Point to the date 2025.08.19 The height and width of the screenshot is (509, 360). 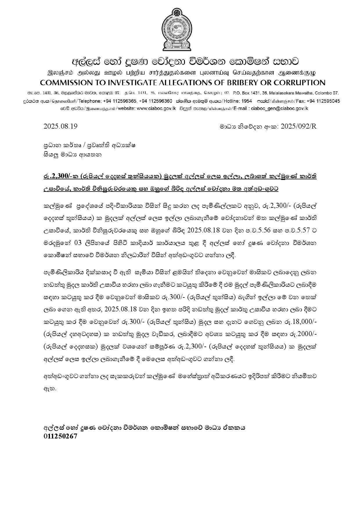coord(60,126)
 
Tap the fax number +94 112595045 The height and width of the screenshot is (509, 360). coord(323,101)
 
